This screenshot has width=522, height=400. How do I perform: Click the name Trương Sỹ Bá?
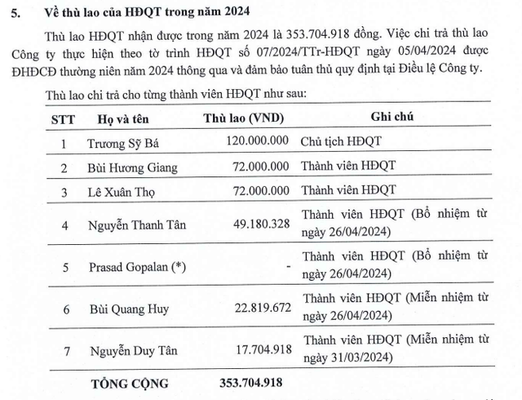tap(122, 140)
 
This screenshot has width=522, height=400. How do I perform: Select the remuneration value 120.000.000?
tap(255, 140)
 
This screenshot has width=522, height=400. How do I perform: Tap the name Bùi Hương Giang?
tap(130, 167)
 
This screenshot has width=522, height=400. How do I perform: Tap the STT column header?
tap(63, 118)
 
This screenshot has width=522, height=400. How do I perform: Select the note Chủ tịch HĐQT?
tap(341, 140)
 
